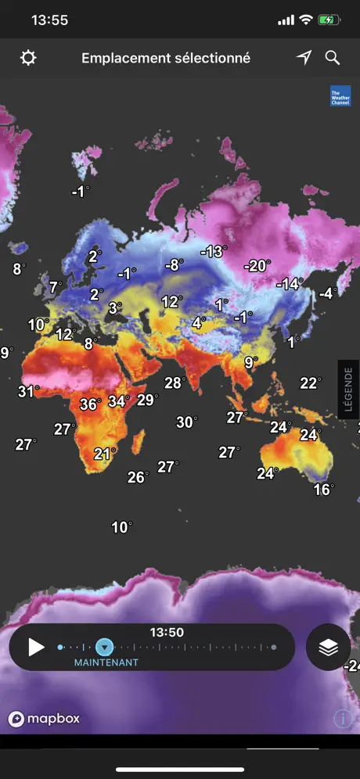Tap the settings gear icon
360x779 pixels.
[28, 59]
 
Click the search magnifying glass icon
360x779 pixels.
[333, 58]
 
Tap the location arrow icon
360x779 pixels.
[304, 58]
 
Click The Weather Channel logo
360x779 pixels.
[340, 95]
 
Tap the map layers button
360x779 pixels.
[328, 648]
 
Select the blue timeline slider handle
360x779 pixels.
[104, 647]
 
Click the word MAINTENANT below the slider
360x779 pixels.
[106, 662]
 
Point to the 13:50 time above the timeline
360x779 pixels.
[167, 633]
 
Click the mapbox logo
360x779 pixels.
[45, 719]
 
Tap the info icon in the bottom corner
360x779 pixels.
[343, 719]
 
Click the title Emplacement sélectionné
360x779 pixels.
[166, 58]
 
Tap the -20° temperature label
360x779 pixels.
[256, 266]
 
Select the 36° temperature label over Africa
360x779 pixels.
[90, 404]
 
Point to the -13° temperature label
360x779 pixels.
[213, 252]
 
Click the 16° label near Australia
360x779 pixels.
[323, 490]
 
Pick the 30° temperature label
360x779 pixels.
[186, 422]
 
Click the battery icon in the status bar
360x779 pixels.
[328, 20]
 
